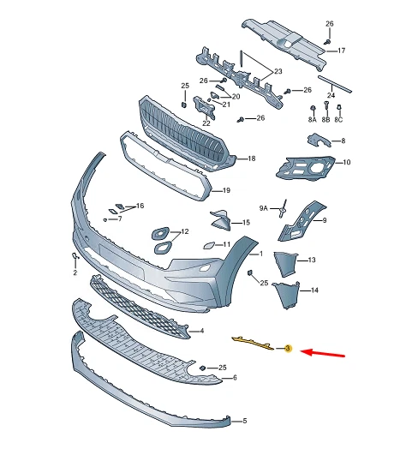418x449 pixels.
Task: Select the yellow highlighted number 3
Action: (x=289, y=349)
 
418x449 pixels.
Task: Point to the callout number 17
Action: (x=341, y=51)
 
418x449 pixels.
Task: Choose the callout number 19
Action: (x=227, y=190)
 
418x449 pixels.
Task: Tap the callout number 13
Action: (x=312, y=260)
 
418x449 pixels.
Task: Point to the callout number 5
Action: (x=244, y=422)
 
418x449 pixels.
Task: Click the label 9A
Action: (x=264, y=207)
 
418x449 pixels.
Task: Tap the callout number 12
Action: (x=184, y=232)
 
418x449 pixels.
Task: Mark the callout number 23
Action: (x=278, y=72)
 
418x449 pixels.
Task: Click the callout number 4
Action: (x=200, y=331)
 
